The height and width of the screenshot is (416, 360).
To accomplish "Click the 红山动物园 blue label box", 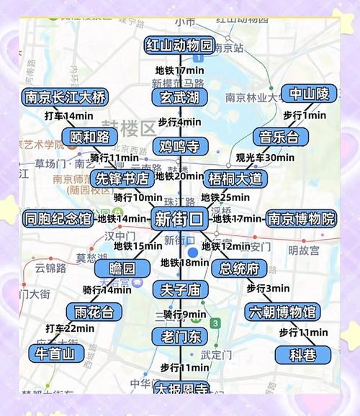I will (179, 45).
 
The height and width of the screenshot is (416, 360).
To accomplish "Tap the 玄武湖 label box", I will (180, 97).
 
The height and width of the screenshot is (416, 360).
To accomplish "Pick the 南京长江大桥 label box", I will (64, 97).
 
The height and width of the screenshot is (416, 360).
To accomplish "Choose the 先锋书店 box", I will (122, 177).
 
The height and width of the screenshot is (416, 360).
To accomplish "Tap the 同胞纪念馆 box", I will (58, 219).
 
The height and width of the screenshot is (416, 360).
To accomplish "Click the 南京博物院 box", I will (301, 219).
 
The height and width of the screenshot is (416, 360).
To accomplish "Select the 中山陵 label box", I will (310, 94).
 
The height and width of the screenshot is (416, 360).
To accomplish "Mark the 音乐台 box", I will (274, 136).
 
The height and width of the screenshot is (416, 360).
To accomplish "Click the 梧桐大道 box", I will (235, 177).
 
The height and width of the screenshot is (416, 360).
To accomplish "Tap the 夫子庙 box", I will (180, 290).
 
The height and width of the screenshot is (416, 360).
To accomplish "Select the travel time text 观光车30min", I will (265, 158).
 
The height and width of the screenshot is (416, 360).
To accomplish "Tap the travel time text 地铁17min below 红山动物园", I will (181, 71).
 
